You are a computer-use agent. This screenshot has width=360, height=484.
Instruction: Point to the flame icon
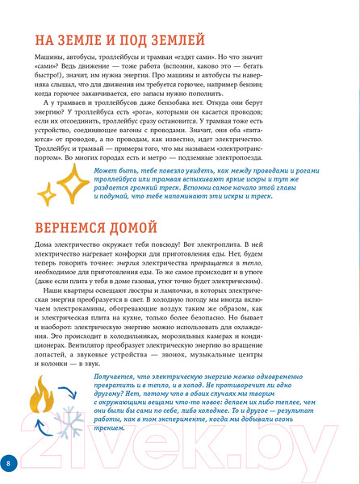coord(40,395)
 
